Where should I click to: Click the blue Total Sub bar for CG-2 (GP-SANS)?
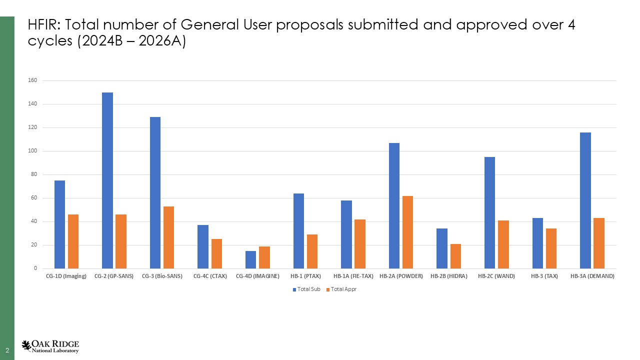coord(107,180)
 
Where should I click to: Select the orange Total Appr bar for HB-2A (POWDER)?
coord(407,232)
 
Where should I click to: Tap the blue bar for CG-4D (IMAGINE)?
coord(250,259)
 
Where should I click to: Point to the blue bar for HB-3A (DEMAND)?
coord(585,200)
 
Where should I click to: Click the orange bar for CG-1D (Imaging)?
coord(73,241)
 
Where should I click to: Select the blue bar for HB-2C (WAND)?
coord(489,212)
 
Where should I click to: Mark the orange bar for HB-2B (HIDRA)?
coord(455,256)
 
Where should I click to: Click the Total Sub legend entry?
coord(306,289)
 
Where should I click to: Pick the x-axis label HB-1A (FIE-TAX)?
coord(353,276)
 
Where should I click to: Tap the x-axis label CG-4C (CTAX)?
coord(209,276)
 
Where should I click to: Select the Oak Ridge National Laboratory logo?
coord(50,346)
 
